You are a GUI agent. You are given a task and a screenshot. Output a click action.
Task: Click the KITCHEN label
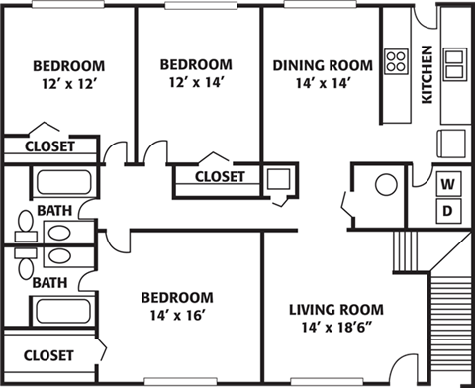[x=427, y=74]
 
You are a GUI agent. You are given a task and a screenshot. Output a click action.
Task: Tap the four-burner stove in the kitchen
[x=396, y=61]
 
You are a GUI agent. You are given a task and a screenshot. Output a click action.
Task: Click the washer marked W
[x=448, y=184]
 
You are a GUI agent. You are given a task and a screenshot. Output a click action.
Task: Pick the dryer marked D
[x=448, y=211]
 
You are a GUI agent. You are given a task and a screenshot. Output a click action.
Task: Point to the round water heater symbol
[x=386, y=184]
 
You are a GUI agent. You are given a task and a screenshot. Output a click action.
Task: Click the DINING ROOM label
[x=323, y=65]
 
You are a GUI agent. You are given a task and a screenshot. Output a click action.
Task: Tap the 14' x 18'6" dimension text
[x=336, y=328]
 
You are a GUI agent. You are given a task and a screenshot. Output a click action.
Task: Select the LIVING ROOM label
[x=336, y=310]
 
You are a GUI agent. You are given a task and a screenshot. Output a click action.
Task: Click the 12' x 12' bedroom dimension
[x=69, y=84]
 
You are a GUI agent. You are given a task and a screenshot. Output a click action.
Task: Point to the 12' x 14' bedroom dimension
[x=197, y=82]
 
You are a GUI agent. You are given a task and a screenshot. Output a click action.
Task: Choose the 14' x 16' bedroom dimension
[x=177, y=316]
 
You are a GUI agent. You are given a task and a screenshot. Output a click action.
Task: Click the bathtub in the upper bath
[x=63, y=182]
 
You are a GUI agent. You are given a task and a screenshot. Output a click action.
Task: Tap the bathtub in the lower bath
[x=63, y=312]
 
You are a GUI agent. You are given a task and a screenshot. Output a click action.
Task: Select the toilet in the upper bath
[x=26, y=226]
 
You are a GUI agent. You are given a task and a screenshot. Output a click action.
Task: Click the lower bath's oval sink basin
[x=59, y=255]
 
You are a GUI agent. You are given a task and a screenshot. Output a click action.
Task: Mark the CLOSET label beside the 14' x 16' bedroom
[x=48, y=355]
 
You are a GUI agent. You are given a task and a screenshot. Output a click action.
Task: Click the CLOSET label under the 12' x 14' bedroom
[x=220, y=176]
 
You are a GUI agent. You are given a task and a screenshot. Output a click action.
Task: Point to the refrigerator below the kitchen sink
[x=451, y=145]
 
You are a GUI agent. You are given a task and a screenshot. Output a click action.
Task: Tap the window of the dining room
[x=320, y=4]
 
